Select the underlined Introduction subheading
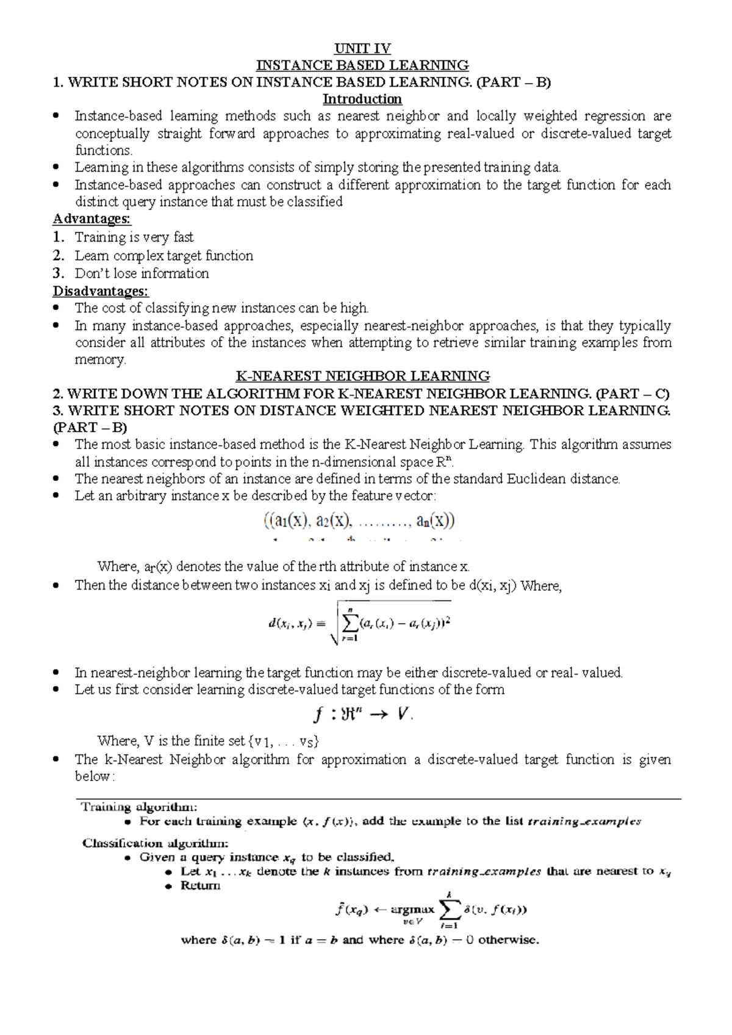coord(362,99)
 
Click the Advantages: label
coord(91,218)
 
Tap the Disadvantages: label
coord(100,291)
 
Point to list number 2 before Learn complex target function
coord(58,256)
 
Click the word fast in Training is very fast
coord(183,237)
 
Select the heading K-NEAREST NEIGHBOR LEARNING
coord(362,376)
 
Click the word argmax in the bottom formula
coord(412,909)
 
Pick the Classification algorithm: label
coord(156,843)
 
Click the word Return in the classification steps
coord(200,885)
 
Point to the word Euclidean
coord(536,479)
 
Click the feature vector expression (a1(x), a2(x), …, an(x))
coord(359,522)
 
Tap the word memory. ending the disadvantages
coord(100,359)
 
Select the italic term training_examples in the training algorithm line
coord(584,821)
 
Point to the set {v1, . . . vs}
coord(283,741)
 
